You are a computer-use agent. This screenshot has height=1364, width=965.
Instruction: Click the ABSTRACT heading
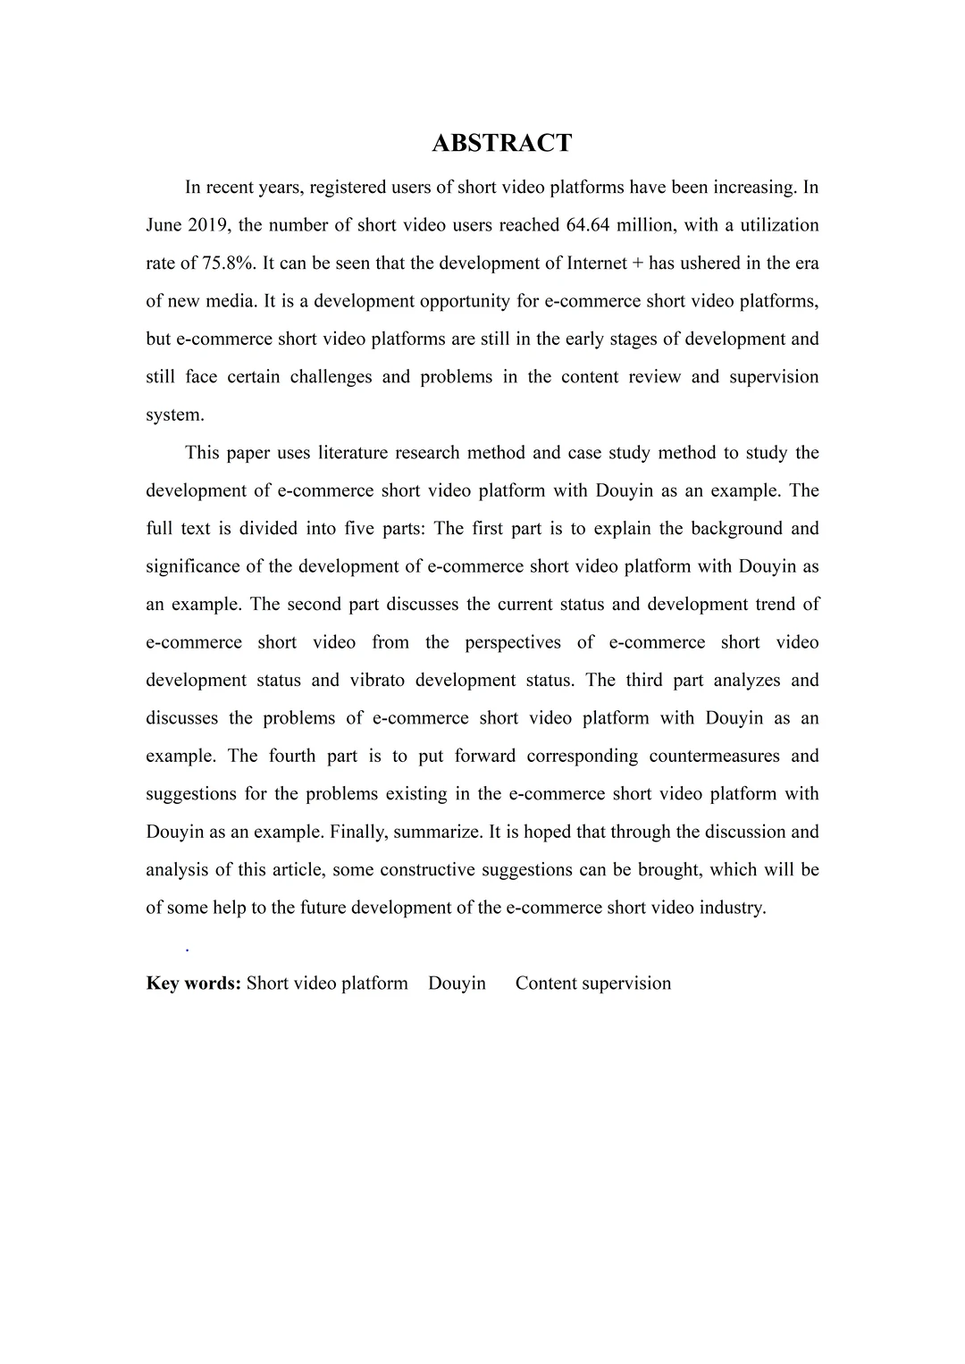tap(501, 143)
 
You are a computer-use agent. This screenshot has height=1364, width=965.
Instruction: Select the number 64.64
tap(588, 225)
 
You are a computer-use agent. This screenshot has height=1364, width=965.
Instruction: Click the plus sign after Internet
tap(637, 263)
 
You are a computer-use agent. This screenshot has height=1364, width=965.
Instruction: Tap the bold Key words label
tap(194, 983)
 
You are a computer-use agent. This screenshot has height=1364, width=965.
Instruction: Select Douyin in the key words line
tap(457, 983)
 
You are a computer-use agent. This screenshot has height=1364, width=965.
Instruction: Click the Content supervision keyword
tap(592, 983)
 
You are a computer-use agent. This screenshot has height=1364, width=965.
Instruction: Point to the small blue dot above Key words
tap(187, 950)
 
